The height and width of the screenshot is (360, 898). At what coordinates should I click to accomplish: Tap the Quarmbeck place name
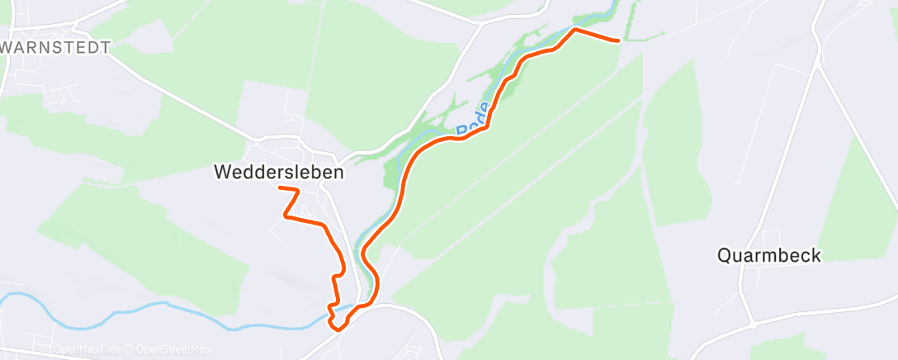769,255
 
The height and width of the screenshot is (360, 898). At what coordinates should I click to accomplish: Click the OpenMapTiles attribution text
87,349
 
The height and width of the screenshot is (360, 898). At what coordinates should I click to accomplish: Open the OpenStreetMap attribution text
171,349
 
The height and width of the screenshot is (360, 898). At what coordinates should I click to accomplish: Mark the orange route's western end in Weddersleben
280,189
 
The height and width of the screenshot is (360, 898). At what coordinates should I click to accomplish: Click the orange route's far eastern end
617,39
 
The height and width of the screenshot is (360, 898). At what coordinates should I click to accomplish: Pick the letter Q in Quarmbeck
724,255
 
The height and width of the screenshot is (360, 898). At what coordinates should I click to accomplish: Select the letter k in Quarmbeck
816,255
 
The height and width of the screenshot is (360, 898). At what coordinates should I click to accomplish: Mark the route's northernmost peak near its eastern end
574,30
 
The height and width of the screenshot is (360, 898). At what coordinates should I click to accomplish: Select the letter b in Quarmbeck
781,255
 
